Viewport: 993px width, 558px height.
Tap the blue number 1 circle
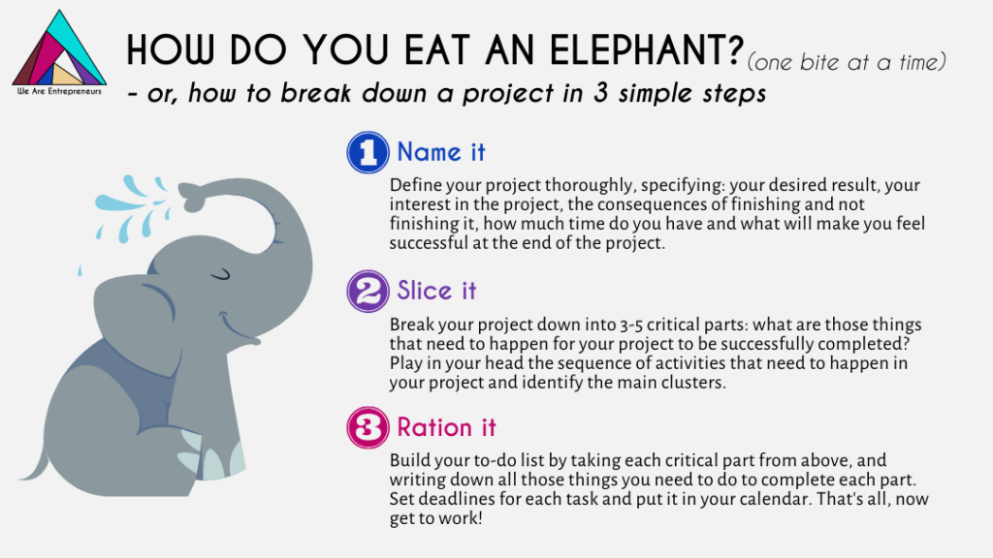pos(368,152)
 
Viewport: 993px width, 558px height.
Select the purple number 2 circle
pos(368,291)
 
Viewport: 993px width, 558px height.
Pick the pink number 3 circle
pos(368,427)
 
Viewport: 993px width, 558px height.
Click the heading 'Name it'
pos(441,152)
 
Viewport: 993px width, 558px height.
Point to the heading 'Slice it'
pos(436,291)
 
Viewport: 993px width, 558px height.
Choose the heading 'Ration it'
pos(446,427)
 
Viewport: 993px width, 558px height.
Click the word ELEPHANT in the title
pos(646,49)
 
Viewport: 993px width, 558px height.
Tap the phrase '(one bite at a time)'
pos(847,62)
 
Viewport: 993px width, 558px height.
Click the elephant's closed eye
pos(220,274)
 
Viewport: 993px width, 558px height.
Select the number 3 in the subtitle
pos(601,93)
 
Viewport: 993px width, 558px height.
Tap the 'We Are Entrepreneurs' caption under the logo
pos(59,91)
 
